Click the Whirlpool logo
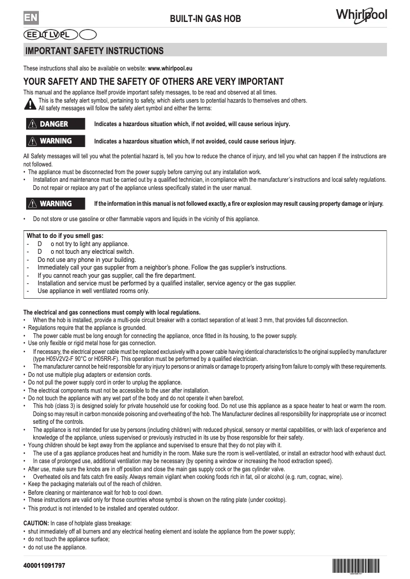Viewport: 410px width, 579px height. (x=361, y=15)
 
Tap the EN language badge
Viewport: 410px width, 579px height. (x=31, y=18)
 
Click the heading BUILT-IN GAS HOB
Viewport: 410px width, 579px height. (x=205, y=19)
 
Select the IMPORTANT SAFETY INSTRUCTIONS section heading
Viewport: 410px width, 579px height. (x=95, y=51)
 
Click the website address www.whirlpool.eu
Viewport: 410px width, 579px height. (x=170, y=68)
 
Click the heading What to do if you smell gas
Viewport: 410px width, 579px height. (x=65, y=236)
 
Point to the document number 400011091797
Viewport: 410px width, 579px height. (x=44, y=566)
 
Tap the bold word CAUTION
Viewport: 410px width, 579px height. (x=36, y=523)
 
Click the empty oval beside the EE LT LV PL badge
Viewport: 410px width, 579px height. (x=88, y=35)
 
